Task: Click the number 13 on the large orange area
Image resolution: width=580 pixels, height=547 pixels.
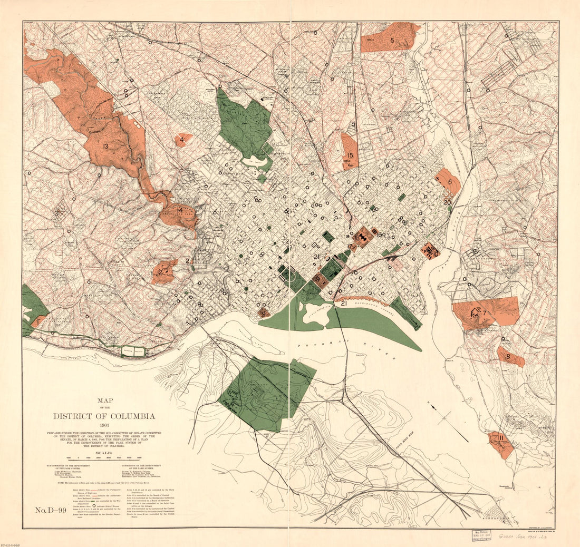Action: pos(105,146)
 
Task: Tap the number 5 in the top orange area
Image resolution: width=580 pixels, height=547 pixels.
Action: pos(392,40)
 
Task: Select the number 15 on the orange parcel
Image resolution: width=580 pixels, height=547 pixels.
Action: pos(350,155)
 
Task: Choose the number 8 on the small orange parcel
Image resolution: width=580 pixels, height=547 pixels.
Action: pos(508,357)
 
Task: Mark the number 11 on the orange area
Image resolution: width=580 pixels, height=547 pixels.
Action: pos(501,438)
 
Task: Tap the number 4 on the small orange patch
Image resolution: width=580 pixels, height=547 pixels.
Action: pos(182,140)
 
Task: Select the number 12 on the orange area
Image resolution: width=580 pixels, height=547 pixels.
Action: pos(160,272)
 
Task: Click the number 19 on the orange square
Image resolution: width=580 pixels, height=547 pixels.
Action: pos(316,279)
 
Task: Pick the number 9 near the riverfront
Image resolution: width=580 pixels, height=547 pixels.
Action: pos(264,314)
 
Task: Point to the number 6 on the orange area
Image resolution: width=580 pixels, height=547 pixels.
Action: pos(450,182)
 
